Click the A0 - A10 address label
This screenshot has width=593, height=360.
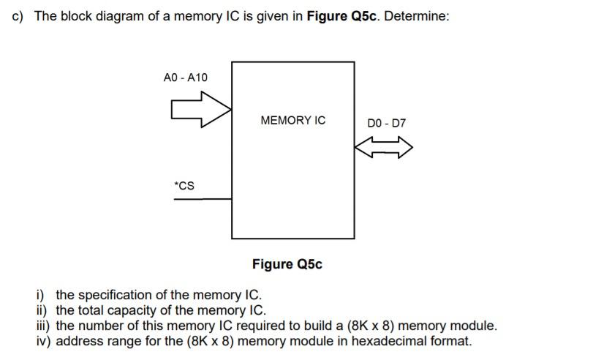point(185,78)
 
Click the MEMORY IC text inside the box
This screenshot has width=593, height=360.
point(292,121)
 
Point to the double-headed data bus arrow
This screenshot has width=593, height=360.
point(384,149)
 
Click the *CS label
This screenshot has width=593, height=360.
point(185,185)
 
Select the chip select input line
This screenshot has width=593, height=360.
point(203,200)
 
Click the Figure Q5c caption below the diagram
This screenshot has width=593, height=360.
point(287,264)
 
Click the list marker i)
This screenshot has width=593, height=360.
point(41,296)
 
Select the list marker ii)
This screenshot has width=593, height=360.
point(42,310)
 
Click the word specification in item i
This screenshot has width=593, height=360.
point(113,296)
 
